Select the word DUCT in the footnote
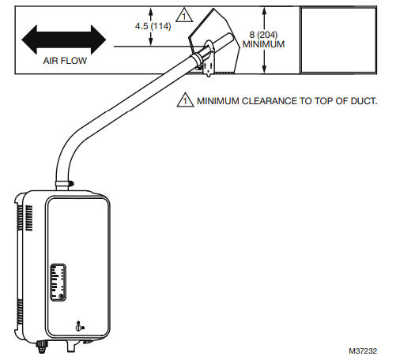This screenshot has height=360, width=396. click(361, 102)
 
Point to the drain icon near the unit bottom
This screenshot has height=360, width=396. click(78, 326)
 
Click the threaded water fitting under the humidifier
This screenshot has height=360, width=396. click(42, 346)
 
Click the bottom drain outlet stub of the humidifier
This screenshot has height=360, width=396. click(72, 347)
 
